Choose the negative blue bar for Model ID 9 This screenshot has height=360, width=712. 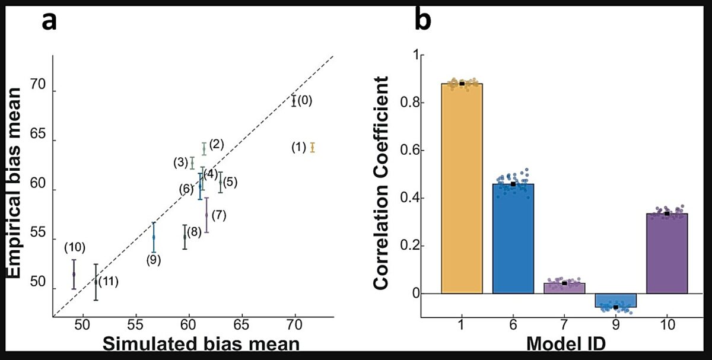pyautogui.click(x=615, y=300)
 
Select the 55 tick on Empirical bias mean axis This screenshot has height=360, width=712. pyautogui.click(x=38, y=241)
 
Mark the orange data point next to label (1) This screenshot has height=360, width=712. pyautogui.click(x=312, y=148)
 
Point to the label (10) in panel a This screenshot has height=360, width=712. pyautogui.click(x=75, y=247)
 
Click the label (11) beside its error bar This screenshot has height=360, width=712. pyautogui.click(x=108, y=282)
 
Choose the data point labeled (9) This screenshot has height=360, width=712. pyautogui.click(x=154, y=237)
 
